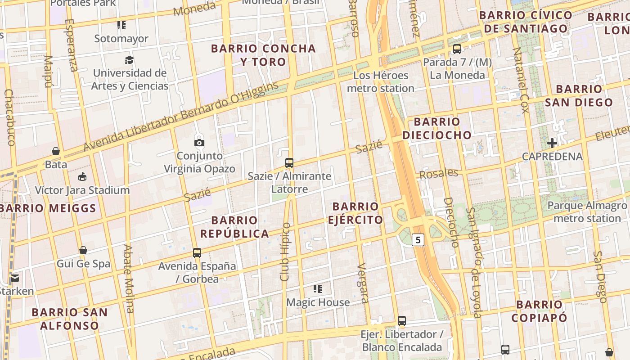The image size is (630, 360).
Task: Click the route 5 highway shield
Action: pos(418,240)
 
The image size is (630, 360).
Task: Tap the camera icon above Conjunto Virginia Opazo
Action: pos(199,143)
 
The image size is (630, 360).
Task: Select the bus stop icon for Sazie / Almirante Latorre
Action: pos(289,163)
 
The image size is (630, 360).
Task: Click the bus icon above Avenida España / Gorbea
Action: pos(197,253)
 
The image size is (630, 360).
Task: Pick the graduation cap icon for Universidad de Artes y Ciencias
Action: pos(130,60)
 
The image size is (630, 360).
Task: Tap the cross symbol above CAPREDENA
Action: pos(552,144)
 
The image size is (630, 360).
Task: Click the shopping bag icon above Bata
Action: pos(56,151)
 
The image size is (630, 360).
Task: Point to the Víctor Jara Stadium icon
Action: pos(82,177)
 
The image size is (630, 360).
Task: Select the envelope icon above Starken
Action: pos(15,278)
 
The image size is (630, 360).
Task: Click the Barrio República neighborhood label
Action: pos(234,227)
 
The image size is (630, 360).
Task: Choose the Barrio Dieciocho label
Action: pos(437,128)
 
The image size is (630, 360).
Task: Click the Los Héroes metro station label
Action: pos(381,81)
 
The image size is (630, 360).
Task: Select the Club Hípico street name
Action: pos(285,252)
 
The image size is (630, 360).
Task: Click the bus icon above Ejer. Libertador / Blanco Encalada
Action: pos(402,321)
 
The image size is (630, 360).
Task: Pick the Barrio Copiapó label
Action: pos(539,311)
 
